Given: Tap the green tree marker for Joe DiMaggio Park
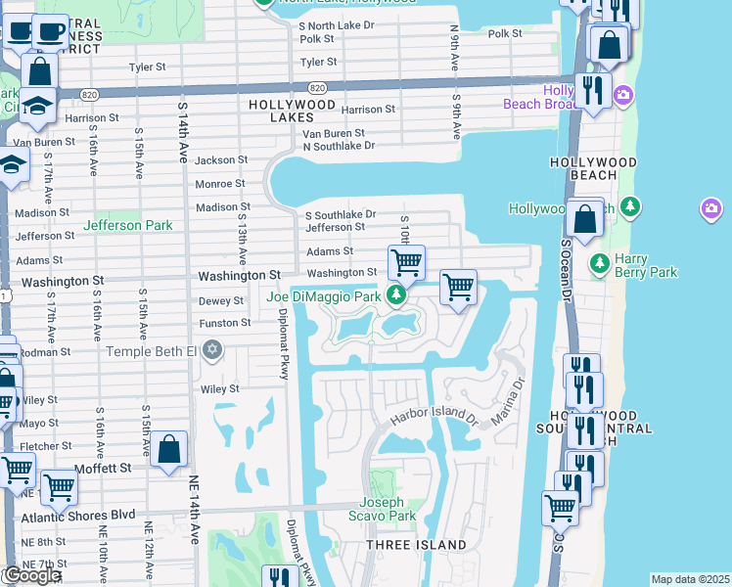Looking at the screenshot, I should click(396, 294).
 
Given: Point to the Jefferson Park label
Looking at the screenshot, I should click(127, 225).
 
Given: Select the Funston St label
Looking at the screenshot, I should click(225, 322).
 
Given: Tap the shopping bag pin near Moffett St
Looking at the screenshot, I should click(169, 450).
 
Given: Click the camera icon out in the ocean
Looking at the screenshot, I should click(711, 208).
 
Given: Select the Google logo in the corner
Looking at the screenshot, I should click(31, 575).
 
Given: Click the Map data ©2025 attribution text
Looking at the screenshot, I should click(690, 579).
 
